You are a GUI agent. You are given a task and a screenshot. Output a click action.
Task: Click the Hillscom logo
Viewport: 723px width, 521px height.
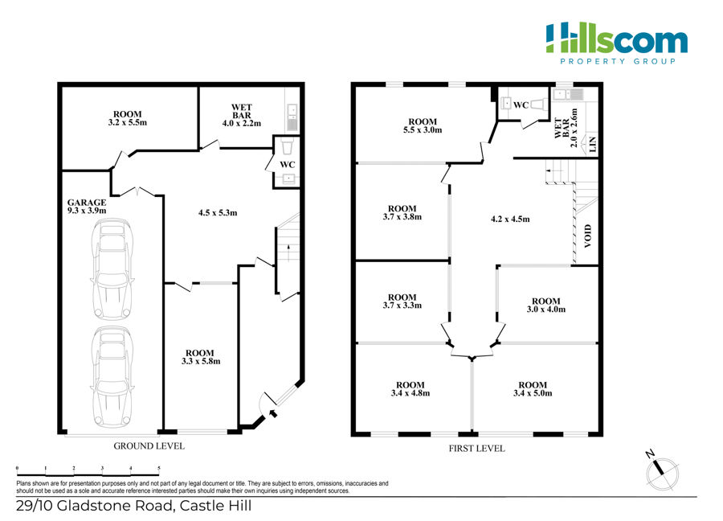[x=616, y=43]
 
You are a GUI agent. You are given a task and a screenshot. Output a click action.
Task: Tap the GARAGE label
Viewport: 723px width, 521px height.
[x=87, y=203]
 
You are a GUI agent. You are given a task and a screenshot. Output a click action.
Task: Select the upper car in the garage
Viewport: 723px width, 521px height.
[x=112, y=269]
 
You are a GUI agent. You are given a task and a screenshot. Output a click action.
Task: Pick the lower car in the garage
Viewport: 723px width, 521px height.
[x=112, y=377]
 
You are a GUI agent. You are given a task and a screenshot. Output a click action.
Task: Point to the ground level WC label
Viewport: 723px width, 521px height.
[x=288, y=164]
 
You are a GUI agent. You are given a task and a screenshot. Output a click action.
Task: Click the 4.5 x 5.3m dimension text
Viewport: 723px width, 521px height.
[x=218, y=213]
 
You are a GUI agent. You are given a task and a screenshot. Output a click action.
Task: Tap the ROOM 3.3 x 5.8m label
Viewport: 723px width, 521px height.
[x=201, y=357]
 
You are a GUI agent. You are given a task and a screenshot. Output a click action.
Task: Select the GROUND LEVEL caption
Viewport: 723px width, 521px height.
[x=149, y=446]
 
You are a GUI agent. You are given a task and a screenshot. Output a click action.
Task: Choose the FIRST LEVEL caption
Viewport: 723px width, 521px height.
[x=476, y=449]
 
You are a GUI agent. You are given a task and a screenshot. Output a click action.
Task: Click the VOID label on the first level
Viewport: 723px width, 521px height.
[x=587, y=236]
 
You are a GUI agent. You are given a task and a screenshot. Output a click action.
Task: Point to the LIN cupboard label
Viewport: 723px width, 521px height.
[x=593, y=144]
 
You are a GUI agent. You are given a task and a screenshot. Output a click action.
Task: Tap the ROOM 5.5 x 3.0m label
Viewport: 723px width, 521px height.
[x=423, y=126]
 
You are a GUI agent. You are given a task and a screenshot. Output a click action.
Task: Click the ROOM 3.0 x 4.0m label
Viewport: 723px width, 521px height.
[x=546, y=305]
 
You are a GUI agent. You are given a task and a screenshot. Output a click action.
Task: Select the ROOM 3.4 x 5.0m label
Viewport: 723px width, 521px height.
[x=533, y=389]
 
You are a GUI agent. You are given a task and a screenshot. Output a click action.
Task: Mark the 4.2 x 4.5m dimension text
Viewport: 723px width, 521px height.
[x=510, y=219]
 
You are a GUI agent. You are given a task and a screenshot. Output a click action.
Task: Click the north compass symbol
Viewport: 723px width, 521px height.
[x=662, y=472]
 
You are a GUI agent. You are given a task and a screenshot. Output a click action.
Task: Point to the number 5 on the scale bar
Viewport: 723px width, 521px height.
[x=158, y=469]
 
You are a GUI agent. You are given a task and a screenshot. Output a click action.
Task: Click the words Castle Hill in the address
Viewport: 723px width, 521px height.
[x=216, y=506]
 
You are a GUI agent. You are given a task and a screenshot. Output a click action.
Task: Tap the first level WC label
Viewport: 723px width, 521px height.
[x=521, y=105]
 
